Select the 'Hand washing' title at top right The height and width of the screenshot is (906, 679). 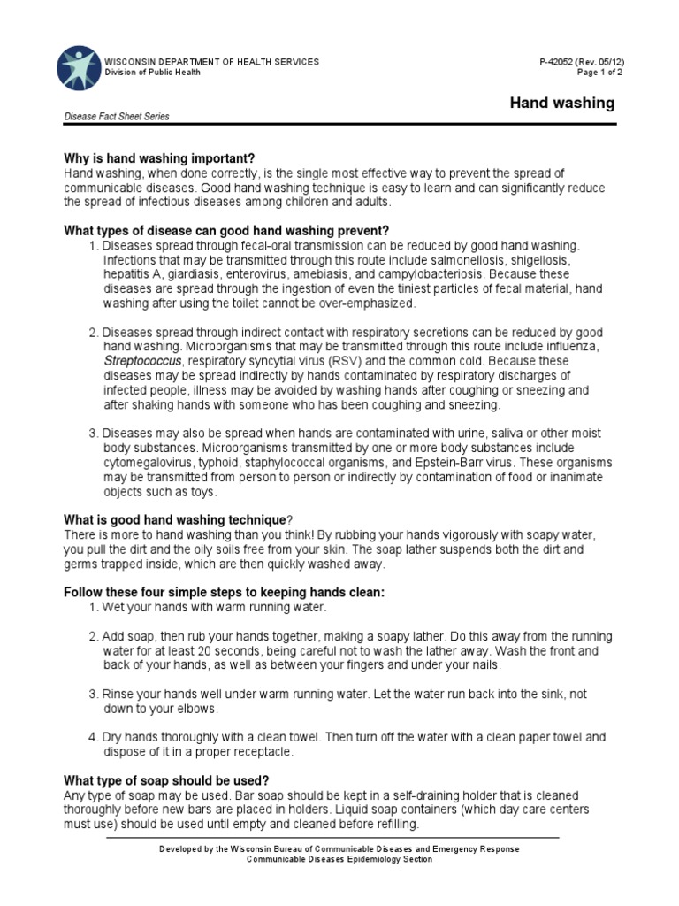click(x=562, y=103)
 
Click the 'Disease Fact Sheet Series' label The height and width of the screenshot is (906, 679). click(x=116, y=117)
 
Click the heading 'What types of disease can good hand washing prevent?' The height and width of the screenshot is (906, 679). click(x=226, y=231)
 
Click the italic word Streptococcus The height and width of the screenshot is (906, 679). click(x=142, y=361)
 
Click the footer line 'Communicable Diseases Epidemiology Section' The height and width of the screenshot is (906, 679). click(x=339, y=859)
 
